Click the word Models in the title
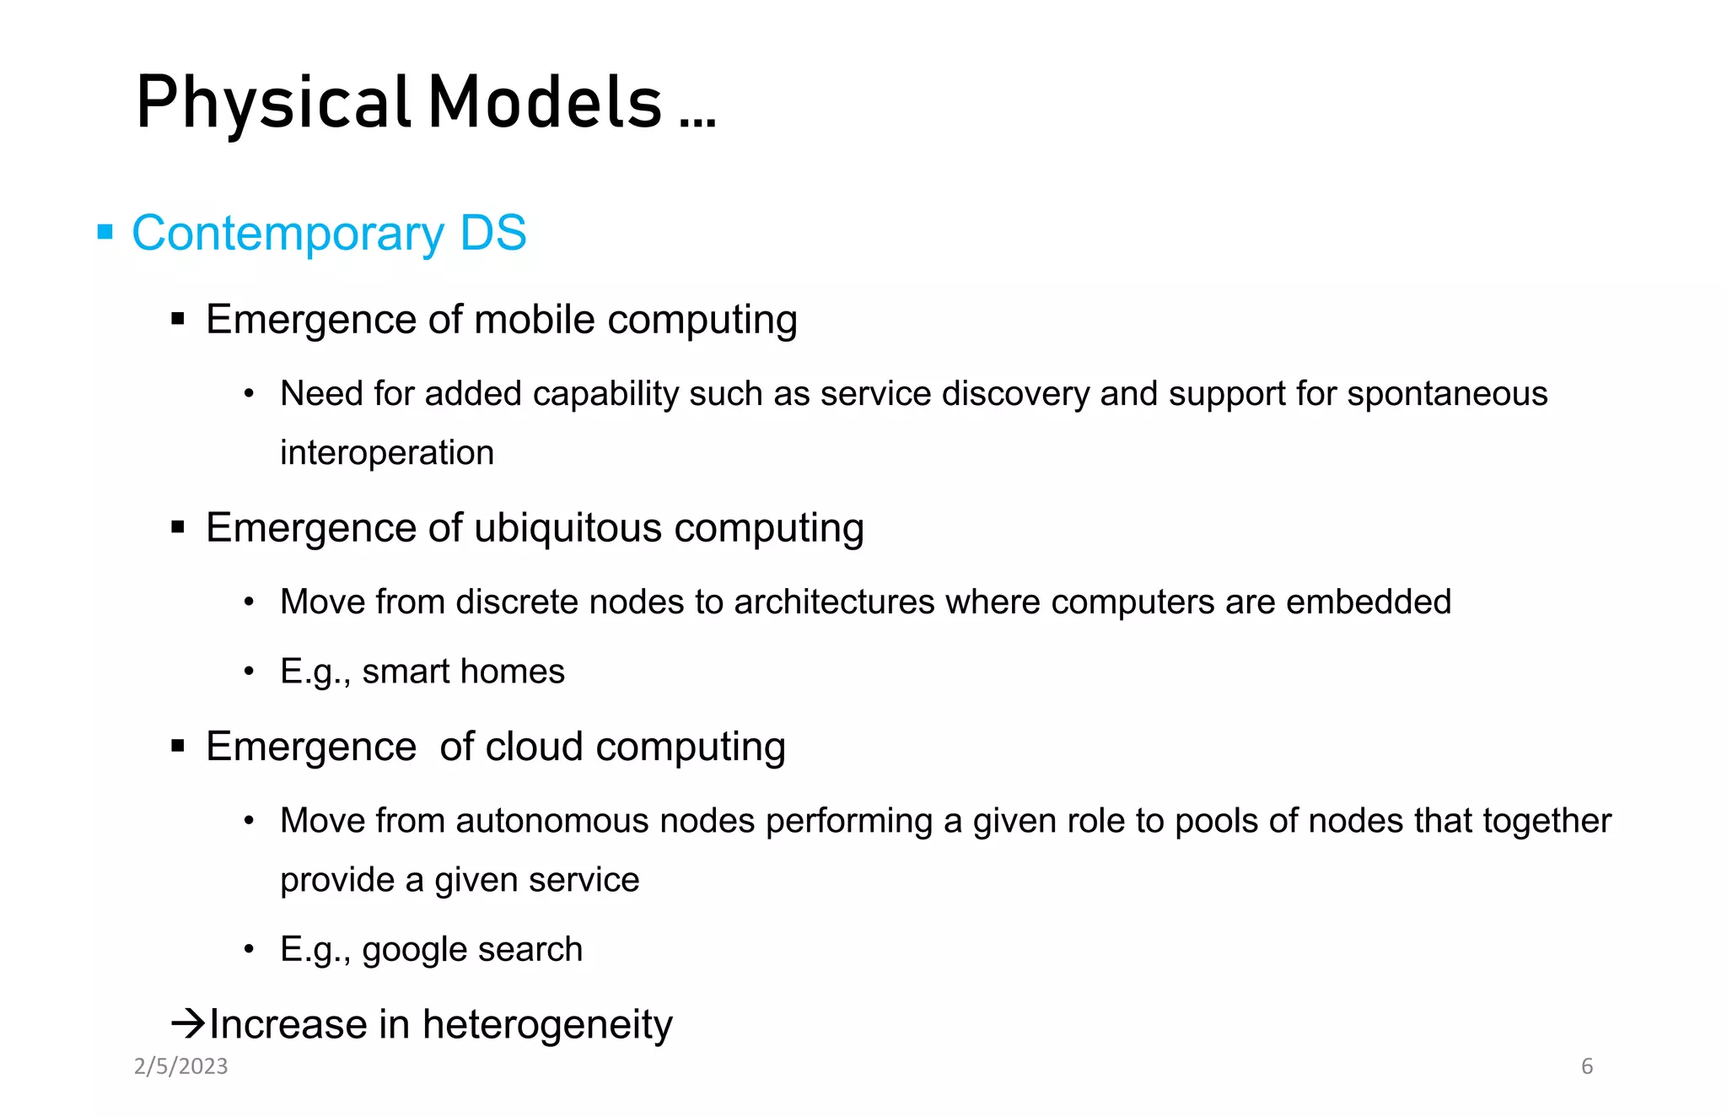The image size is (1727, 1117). coord(545,103)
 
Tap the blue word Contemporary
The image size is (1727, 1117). coord(288,234)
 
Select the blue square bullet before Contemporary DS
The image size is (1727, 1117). coord(105,232)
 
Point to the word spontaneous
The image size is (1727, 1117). coord(1447,394)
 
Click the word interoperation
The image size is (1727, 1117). coord(387,453)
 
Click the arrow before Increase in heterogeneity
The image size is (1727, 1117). coord(188,1024)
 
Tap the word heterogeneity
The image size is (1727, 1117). coord(547,1025)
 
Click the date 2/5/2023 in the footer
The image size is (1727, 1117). coord(181,1066)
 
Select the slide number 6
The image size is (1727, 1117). coord(1586,1066)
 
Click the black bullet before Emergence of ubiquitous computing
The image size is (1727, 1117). coord(178,528)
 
